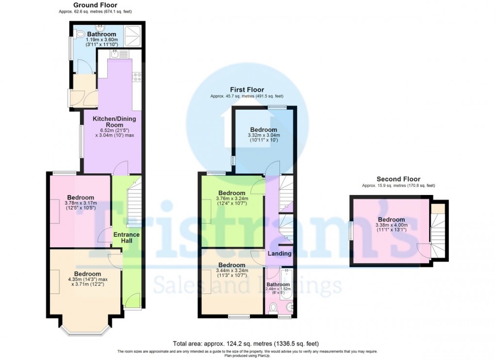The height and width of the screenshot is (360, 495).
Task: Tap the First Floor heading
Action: [x=247, y=90]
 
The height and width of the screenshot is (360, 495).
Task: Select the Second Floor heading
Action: [x=398, y=179]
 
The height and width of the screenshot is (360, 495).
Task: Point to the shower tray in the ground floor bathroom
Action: [x=132, y=35]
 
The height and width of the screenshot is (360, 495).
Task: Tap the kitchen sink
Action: [x=115, y=54]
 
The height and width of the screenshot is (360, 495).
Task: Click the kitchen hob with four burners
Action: [x=137, y=77]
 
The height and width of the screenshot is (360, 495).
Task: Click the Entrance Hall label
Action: [x=126, y=238]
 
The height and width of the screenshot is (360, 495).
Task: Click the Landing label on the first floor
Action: [x=280, y=253]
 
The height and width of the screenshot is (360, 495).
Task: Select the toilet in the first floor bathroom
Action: [x=273, y=307]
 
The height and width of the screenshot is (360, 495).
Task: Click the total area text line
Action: [x=246, y=344]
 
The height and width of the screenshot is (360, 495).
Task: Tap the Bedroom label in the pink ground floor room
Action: [x=81, y=197]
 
